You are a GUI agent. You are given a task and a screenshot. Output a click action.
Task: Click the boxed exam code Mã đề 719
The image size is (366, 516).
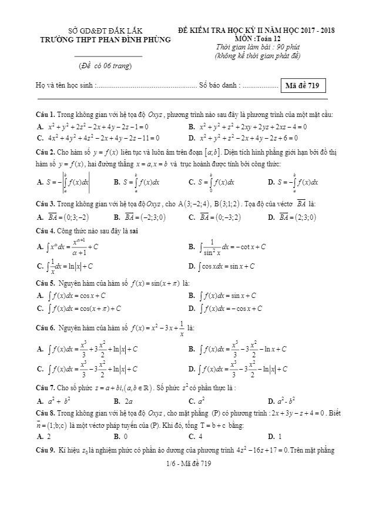301,86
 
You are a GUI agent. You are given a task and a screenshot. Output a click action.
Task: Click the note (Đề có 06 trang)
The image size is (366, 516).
105,65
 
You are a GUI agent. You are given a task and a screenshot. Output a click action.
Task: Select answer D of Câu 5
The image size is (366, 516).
227,308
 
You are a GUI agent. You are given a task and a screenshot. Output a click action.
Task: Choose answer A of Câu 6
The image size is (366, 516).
88,349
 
